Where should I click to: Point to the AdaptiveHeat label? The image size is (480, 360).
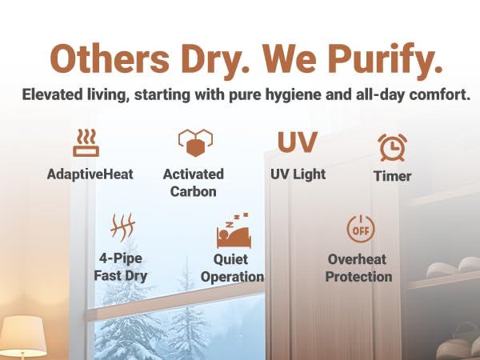[90, 174]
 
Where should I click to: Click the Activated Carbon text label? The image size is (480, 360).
[193, 182]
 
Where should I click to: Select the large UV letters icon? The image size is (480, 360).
[298, 142]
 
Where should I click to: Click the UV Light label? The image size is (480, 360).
[298, 174]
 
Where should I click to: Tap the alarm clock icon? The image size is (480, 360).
[392, 147]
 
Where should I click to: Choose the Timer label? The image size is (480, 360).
[392, 176]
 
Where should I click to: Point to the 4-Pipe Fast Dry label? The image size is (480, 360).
[120, 267]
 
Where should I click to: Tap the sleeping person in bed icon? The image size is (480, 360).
[233, 232]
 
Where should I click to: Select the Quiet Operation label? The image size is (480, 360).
[232, 268]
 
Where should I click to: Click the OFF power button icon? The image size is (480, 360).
[359, 230]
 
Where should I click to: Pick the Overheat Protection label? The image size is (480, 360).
[360, 268]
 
